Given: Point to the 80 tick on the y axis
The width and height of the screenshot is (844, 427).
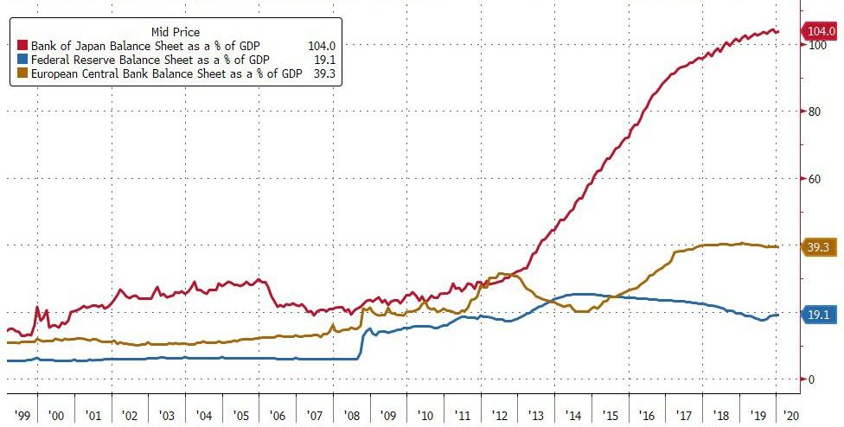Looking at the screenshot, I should tap(813, 112).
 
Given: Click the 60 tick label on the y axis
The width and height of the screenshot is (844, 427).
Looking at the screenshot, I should tap(813, 179).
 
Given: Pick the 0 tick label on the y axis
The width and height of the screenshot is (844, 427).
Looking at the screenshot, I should tap(810, 379).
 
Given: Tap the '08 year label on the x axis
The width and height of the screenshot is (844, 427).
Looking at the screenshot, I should tap(351, 416).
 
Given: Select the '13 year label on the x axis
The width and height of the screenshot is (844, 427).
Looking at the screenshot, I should tap(535, 416).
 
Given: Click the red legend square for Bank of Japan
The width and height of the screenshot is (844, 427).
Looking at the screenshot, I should tap(23, 45).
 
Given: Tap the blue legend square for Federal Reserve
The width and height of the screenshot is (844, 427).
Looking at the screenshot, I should tap(23, 60).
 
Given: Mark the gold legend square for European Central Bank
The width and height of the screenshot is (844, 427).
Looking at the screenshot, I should tap(23, 74).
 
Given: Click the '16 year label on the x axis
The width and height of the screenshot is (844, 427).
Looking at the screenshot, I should tap(646, 416).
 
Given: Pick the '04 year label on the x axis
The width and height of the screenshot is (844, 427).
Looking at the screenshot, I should tap(203, 416).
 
